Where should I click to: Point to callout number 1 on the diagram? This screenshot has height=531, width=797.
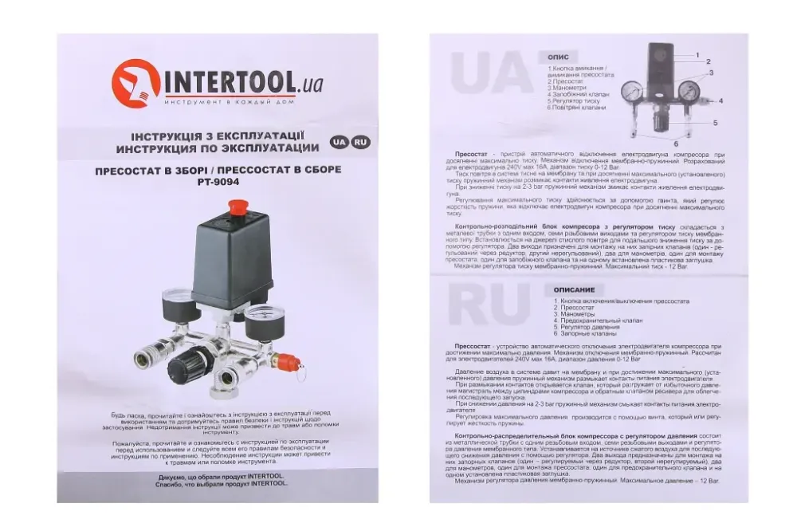[697, 53]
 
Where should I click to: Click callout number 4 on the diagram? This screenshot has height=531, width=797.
[720, 102]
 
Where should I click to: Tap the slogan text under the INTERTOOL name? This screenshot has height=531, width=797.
[226, 104]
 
